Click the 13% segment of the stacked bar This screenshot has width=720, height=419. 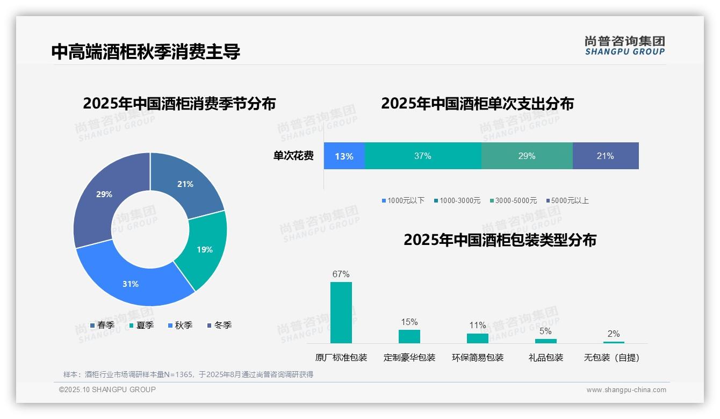click(344, 156)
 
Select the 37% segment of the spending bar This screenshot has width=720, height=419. click(423, 156)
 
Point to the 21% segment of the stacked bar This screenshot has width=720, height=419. click(606, 156)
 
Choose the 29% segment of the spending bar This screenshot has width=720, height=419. click(527, 156)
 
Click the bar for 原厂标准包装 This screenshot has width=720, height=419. click(341, 313)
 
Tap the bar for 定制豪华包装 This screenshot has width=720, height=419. click(409, 336)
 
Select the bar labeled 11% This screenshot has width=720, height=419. click(478, 338)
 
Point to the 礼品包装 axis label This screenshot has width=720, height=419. click(546, 358)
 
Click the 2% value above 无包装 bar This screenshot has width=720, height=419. click(614, 334)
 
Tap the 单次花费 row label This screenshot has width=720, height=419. click(293, 156)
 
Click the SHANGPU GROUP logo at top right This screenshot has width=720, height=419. click(625, 46)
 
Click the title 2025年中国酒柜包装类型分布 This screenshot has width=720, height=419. click(500, 240)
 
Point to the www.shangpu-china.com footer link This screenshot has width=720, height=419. click(626, 390)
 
